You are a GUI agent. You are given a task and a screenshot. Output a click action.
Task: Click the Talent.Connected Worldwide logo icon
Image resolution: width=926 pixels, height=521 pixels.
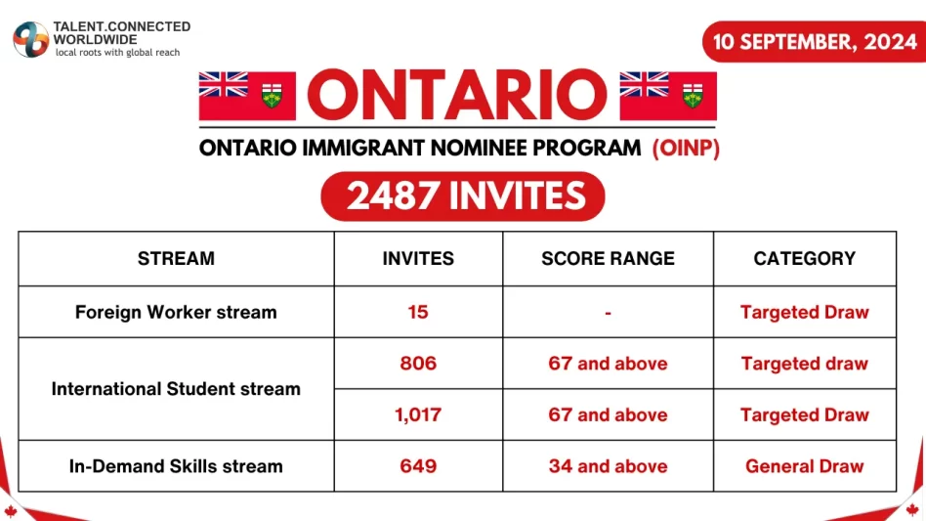tap(30, 38)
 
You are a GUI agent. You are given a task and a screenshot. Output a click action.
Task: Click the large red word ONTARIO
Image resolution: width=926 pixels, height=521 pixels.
tap(457, 96)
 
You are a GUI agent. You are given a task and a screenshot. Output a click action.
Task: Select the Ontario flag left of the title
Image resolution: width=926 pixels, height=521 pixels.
tap(247, 96)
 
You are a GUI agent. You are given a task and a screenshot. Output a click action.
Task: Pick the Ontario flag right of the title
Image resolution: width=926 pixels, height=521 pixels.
tap(668, 96)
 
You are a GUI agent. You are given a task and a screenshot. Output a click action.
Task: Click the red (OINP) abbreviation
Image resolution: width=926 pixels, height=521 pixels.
tap(686, 149)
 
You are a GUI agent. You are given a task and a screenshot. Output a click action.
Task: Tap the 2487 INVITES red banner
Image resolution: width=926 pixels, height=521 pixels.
tap(463, 195)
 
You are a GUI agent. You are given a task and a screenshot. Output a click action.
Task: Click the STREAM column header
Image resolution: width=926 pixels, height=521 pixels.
tap(176, 259)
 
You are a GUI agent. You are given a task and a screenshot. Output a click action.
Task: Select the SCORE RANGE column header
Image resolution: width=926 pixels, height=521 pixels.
tap(608, 259)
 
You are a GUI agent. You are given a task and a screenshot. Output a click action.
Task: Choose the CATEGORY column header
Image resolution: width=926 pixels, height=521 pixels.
tap(804, 259)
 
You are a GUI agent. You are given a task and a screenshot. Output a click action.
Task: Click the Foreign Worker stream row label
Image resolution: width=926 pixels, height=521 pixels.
tap(176, 313)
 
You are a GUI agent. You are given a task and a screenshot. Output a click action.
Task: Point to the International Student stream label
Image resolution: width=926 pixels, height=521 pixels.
tap(176, 389)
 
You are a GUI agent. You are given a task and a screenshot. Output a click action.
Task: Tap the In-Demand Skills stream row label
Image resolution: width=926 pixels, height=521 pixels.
tap(176, 466)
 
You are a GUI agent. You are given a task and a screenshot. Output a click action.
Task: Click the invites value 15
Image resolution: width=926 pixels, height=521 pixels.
tap(418, 313)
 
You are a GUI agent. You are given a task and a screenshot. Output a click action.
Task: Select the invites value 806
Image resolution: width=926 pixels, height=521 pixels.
tap(418, 364)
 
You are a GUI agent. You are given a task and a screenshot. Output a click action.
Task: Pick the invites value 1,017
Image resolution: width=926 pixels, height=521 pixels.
tap(418, 415)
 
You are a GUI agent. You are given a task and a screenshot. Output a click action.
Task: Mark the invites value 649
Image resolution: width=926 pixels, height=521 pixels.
tap(418, 466)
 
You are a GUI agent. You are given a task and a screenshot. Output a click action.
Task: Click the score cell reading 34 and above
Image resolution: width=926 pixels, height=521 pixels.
tap(608, 466)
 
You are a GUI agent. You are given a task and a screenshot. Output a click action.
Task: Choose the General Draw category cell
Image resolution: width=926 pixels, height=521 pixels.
tap(804, 466)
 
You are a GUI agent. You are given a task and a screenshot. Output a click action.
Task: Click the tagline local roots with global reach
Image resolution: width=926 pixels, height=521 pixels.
tap(117, 53)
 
